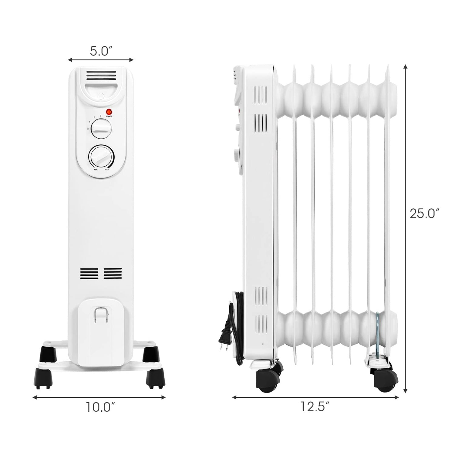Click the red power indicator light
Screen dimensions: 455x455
point(109,112)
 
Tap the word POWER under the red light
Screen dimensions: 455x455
point(109,116)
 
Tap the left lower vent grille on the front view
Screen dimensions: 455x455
point(89,273)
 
